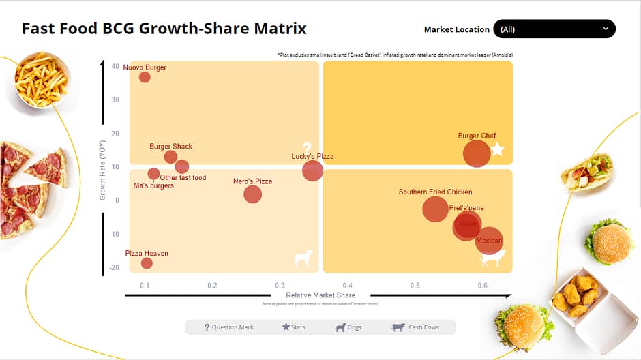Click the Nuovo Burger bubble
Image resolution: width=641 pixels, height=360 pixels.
(x=145, y=77)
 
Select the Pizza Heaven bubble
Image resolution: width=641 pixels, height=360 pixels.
(x=147, y=263)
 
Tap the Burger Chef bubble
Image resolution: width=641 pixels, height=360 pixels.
(x=477, y=153)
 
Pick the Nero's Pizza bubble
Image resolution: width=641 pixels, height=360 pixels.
(x=253, y=194)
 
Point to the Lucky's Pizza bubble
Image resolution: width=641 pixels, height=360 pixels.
(x=312, y=170)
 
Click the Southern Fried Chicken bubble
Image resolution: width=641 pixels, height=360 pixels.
(x=436, y=209)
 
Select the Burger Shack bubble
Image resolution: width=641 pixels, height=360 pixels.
(x=170, y=157)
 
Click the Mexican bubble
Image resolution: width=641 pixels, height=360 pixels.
(x=489, y=241)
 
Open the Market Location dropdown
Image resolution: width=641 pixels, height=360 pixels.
(x=554, y=29)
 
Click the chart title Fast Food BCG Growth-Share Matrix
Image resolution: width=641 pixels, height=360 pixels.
(x=164, y=29)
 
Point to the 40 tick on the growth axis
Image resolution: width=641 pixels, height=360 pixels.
(x=115, y=66)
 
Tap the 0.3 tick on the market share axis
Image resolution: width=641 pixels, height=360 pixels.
(x=280, y=285)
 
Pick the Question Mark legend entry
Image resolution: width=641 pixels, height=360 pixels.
(x=229, y=327)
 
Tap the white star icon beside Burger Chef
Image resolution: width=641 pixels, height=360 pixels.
(x=498, y=149)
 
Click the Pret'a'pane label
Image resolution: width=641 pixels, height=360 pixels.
(x=466, y=208)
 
